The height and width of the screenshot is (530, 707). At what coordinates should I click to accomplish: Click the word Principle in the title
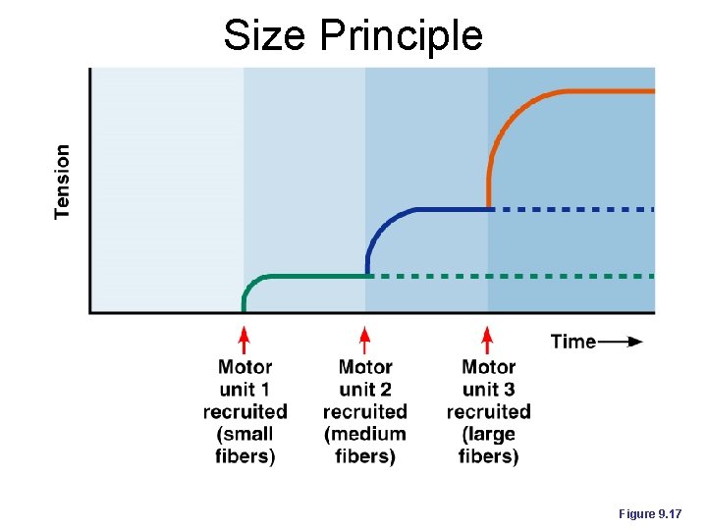(x=401, y=37)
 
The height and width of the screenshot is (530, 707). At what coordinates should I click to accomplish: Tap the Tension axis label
(x=63, y=182)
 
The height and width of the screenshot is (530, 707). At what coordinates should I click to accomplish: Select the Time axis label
(x=573, y=342)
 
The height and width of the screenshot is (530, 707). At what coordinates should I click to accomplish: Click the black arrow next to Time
(x=621, y=342)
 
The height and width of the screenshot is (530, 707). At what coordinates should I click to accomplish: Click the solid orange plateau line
(x=599, y=91)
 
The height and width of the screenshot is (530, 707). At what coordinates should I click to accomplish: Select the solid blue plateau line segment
(x=452, y=209)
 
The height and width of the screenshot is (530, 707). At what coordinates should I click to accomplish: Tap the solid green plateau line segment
(x=314, y=277)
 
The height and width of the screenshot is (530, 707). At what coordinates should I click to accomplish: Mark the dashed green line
(x=511, y=277)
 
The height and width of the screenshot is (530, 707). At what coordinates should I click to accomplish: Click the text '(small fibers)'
(x=245, y=445)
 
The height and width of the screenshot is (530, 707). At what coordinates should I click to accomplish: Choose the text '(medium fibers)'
(x=364, y=445)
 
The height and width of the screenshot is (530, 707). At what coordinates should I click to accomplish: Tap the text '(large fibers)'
(x=488, y=445)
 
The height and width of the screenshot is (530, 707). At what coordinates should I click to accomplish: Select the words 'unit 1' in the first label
(x=245, y=389)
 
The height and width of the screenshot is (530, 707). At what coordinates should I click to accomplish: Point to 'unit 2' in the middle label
(x=364, y=389)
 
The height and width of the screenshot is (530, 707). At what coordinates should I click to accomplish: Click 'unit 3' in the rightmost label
(x=488, y=389)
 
